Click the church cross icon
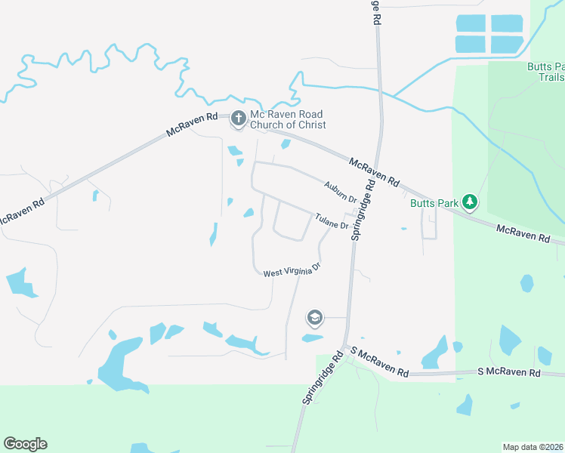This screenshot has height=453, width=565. coord(238,117)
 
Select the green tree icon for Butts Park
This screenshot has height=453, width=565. coord(470,201)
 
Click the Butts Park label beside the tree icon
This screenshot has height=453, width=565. coord(434,202)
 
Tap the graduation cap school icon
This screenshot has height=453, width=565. coord(314,318)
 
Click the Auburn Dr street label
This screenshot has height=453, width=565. coord(340,191)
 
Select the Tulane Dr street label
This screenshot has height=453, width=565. coord(332,220)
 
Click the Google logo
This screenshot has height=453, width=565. coord(25,444)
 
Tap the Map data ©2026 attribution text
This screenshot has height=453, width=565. coord(533,446)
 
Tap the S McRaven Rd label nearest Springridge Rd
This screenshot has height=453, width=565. coord(380,366)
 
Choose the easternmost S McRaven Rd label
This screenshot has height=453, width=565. coord(509,373)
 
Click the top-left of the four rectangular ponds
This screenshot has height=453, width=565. coord(471,23)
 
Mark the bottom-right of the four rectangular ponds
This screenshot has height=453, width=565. coord(507,44)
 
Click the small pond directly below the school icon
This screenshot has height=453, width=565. coord(312,338)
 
